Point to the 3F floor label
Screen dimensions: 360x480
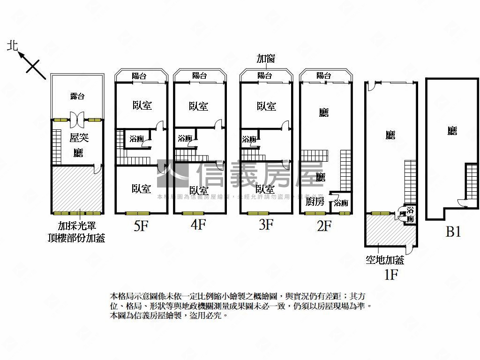coord(265,225)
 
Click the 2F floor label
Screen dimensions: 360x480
coord(324,226)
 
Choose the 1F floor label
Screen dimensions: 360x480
coord(391,275)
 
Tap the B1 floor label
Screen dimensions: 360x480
coord(452,232)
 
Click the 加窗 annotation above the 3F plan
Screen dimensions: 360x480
coord(265,59)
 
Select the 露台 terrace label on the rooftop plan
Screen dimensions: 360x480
coord(77,96)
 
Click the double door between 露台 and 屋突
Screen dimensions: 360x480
coord(77,120)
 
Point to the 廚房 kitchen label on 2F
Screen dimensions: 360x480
coord(314,202)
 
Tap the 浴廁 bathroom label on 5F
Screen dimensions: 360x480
coord(136,139)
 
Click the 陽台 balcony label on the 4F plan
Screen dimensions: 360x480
coord(200,75)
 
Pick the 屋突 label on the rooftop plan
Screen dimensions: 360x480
coord(79,138)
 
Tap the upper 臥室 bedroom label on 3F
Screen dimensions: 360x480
coord(266,106)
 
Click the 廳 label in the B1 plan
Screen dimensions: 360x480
coord(452,131)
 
